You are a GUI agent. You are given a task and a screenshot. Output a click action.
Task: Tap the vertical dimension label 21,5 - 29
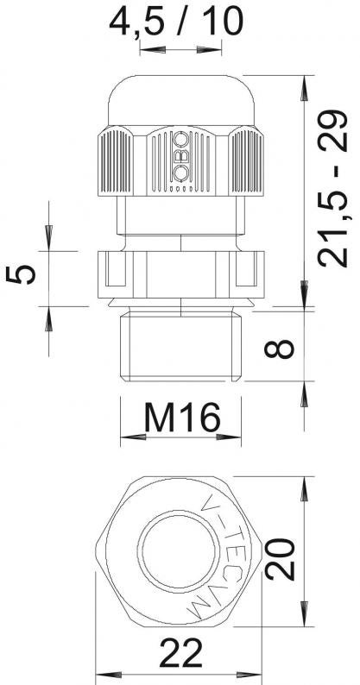333,188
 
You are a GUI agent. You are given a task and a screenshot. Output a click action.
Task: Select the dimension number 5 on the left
21,274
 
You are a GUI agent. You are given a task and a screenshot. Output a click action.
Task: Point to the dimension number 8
280,349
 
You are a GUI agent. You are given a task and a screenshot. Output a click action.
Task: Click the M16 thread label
182,417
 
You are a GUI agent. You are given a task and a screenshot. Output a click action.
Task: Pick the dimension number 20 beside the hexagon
280,559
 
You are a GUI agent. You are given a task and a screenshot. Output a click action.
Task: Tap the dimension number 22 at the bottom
180,652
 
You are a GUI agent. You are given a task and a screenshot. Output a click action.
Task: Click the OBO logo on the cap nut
180,156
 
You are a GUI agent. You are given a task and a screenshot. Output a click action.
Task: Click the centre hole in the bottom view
177,550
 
